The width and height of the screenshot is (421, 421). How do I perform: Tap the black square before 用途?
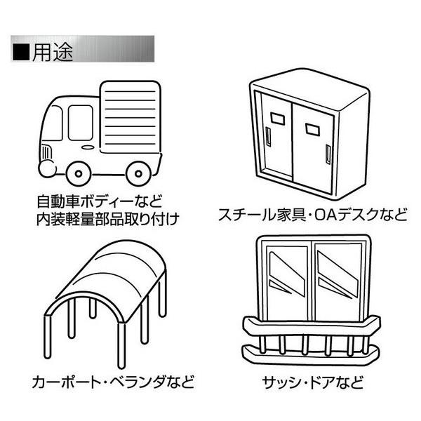click(x=22, y=53)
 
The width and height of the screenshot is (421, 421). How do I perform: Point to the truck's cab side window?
click(x=80, y=121)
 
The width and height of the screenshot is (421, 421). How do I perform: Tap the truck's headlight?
click(x=46, y=152)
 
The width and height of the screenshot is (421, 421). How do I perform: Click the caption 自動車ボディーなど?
click(x=98, y=199)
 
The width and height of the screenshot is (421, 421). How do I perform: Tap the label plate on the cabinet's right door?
click(x=312, y=127)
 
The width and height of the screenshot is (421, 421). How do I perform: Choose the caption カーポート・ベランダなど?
click(x=112, y=384)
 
